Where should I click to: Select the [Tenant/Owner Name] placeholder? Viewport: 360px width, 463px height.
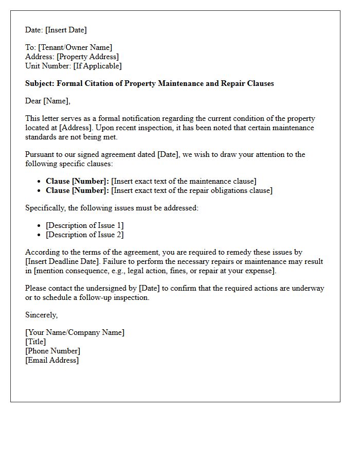pyautogui.click(x=75, y=47)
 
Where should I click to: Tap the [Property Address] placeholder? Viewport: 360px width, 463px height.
pyautogui.click(x=87, y=57)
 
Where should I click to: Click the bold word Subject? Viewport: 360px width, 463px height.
pyautogui.click(x=40, y=83)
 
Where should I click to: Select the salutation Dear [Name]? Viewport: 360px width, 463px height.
pyautogui.click(x=48, y=101)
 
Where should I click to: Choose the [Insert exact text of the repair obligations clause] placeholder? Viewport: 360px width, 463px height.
pyautogui.click(x=192, y=190)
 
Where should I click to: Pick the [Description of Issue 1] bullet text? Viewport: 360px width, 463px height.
pyautogui.click(x=85, y=225)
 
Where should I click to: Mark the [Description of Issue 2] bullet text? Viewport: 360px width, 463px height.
pyautogui.click(x=85, y=235)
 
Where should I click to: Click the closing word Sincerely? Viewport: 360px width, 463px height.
pyautogui.click(x=42, y=315)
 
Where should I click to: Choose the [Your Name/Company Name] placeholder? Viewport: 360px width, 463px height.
pyautogui.click(x=75, y=332)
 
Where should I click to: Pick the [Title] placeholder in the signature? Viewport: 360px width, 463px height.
pyautogui.click(x=35, y=342)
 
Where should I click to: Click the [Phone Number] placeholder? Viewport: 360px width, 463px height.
pyautogui.click(x=52, y=351)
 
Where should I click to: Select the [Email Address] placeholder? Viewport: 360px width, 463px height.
pyautogui.click(x=52, y=360)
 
